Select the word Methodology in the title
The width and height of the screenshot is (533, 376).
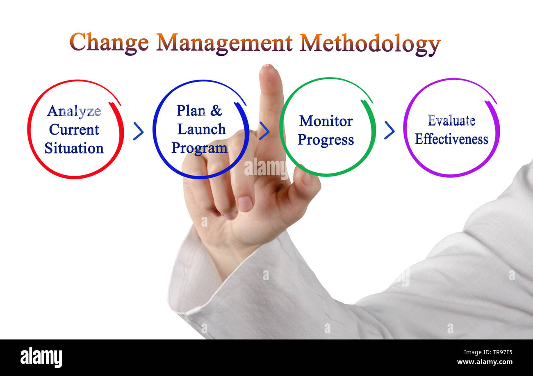[x=370, y=44]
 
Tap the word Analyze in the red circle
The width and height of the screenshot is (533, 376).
[x=74, y=111]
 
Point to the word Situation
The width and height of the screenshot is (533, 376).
[x=74, y=148]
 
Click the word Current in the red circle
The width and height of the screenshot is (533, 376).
[x=74, y=130]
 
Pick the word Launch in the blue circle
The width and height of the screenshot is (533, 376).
[x=201, y=129]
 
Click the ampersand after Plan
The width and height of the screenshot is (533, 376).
[x=216, y=110]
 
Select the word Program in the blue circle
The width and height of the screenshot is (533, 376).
[x=199, y=148]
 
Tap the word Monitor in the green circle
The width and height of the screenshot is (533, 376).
[x=326, y=121]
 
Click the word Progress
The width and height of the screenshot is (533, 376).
[x=326, y=140]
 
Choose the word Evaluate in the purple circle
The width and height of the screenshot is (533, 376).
[x=451, y=121]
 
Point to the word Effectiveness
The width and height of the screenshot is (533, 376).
[x=451, y=139]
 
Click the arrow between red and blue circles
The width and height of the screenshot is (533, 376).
[x=138, y=131]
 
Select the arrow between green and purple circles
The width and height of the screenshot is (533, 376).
[x=389, y=130]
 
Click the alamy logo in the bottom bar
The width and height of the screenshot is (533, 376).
[x=41, y=357]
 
